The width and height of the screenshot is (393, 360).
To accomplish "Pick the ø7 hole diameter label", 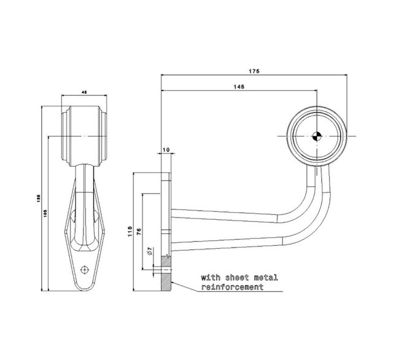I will [149, 252].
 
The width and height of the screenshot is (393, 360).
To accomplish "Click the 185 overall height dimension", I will [39, 198].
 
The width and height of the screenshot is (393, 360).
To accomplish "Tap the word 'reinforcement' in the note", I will [232, 287].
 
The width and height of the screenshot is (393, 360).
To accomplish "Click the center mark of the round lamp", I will [316, 137].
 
